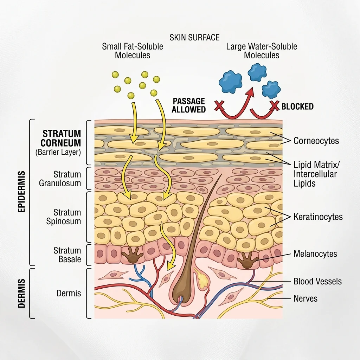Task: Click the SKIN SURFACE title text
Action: pos(194,38)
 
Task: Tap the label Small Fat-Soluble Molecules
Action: pos(133,51)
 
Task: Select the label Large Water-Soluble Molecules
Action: pos(262,51)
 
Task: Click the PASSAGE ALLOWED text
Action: pos(189,105)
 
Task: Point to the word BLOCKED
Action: pos(297,107)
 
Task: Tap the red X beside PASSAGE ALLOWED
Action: pos(220,105)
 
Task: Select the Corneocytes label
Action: pos(316,141)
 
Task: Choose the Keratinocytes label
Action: pos(318,217)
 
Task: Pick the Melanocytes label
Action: pos(315,254)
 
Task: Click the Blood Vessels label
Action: pos(317,281)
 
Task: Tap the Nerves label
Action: pos(305,298)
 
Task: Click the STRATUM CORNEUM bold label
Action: pos(62,139)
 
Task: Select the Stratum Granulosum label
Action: pos(65,179)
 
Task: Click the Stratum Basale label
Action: pos(67,255)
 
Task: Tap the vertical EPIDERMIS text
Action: pos(21,192)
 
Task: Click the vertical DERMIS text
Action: pos(21,293)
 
